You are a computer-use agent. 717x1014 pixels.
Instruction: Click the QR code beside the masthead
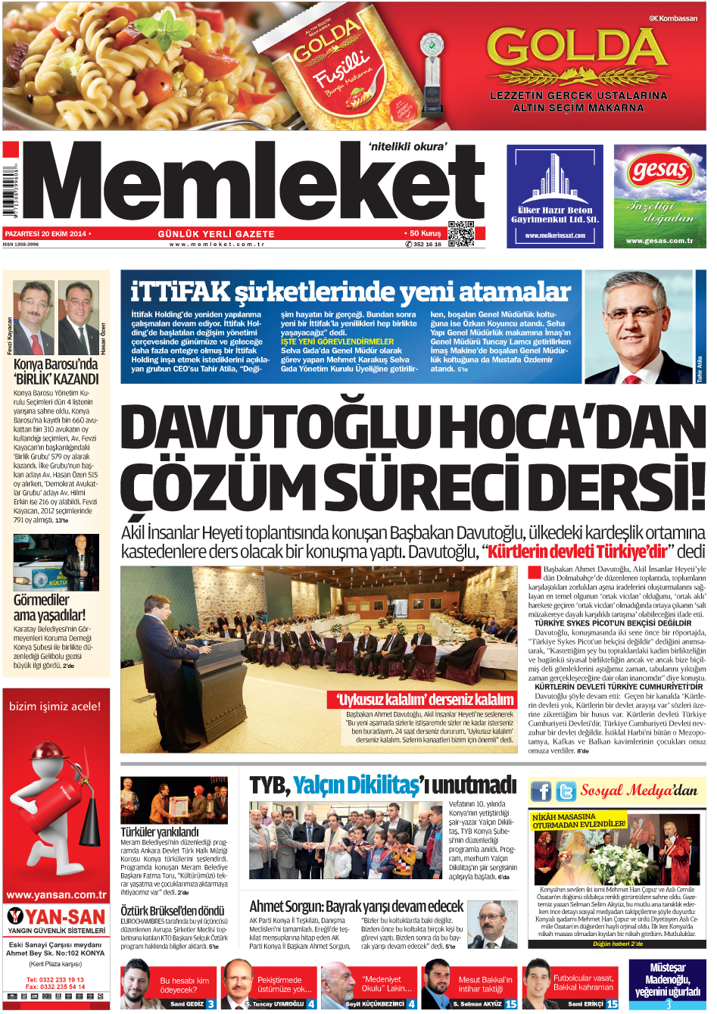pyautogui.click(x=461, y=234)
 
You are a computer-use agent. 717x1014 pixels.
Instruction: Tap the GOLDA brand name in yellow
pyautogui.click(x=578, y=47)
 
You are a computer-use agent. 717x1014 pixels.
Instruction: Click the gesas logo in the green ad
pyautogui.click(x=659, y=171)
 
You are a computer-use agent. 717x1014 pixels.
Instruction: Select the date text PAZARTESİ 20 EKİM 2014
pyautogui.click(x=45, y=234)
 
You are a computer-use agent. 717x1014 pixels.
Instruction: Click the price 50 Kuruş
pyautogui.click(x=425, y=233)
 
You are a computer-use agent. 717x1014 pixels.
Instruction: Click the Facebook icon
pyautogui.click(x=541, y=792)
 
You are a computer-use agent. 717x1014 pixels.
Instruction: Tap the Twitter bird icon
pyautogui.click(x=565, y=792)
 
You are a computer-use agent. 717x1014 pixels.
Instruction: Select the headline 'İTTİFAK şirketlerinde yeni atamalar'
pyautogui.click(x=351, y=292)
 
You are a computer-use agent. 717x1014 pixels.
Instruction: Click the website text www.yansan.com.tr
pyautogui.click(x=56, y=894)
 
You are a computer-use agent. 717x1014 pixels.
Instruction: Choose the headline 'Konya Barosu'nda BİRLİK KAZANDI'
pyautogui.click(x=56, y=372)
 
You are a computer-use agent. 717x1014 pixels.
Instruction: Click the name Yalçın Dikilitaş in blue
pyautogui.click(x=356, y=785)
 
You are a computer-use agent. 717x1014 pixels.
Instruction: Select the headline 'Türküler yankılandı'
pyautogui.click(x=160, y=831)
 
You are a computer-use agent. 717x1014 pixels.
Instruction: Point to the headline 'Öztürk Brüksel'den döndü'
pyautogui.click(x=173, y=911)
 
